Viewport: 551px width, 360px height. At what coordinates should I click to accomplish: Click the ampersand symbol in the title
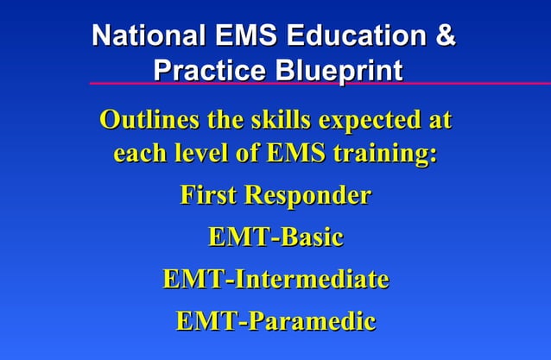pyautogui.click(x=444, y=37)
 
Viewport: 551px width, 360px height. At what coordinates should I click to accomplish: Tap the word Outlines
pyautogui.click(x=146, y=119)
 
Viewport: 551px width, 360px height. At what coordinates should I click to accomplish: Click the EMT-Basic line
pyautogui.click(x=275, y=237)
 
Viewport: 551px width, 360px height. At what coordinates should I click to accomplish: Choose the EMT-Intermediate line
pyautogui.click(x=275, y=280)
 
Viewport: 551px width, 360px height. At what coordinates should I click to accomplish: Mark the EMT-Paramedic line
pyautogui.click(x=275, y=322)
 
